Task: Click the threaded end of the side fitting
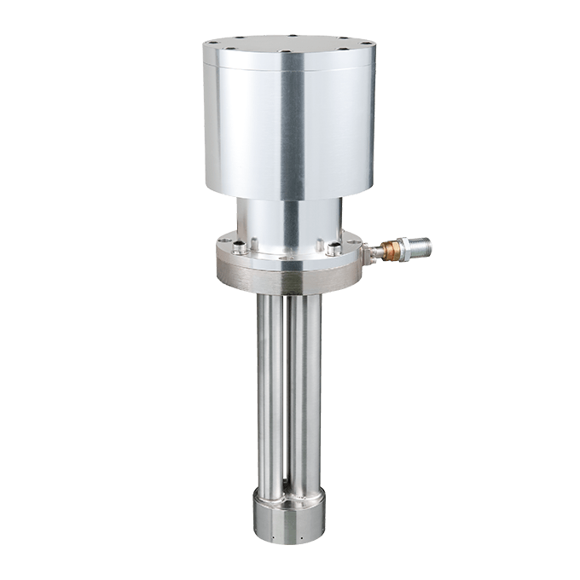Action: click(x=421, y=248)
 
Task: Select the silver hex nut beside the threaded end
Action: click(x=403, y=249)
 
